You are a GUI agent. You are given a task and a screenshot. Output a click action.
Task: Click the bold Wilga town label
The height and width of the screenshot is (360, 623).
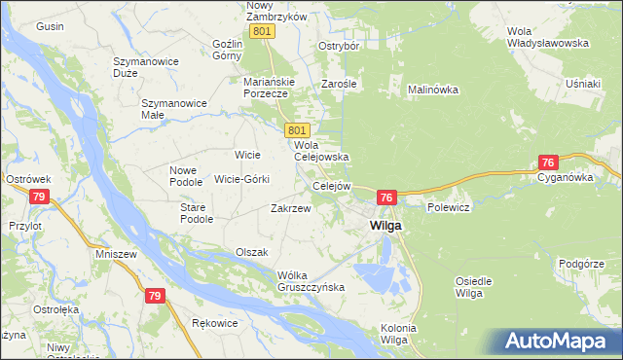click(387, 226)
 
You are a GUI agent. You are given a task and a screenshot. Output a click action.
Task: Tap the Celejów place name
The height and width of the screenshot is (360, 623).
click(330, 186)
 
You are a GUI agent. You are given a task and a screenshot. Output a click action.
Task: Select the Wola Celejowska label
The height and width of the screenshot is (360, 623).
click(321, 150)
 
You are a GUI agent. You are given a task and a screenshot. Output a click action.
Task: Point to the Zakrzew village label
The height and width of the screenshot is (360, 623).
click(290, 208)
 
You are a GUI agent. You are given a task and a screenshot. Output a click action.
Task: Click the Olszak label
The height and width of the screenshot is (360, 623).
click(251, 252)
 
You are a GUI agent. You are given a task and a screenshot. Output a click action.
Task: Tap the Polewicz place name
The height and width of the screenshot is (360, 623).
click(449, 208)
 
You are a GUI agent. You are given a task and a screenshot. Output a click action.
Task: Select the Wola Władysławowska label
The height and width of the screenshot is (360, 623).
click(548, 37)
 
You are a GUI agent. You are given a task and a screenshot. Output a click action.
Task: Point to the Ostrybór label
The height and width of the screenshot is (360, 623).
click(340, 46)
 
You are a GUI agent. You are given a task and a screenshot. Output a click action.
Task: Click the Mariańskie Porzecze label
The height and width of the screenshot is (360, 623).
click(265, 88)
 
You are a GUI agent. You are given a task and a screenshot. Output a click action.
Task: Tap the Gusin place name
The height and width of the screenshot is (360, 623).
click(50, 26)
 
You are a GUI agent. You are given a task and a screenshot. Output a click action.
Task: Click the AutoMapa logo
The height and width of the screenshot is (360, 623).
click(560, 342)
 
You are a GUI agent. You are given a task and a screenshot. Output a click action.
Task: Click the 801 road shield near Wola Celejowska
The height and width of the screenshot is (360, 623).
click(298, 130)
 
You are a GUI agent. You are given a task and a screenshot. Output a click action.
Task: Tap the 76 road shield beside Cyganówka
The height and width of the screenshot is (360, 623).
click(549, 162)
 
